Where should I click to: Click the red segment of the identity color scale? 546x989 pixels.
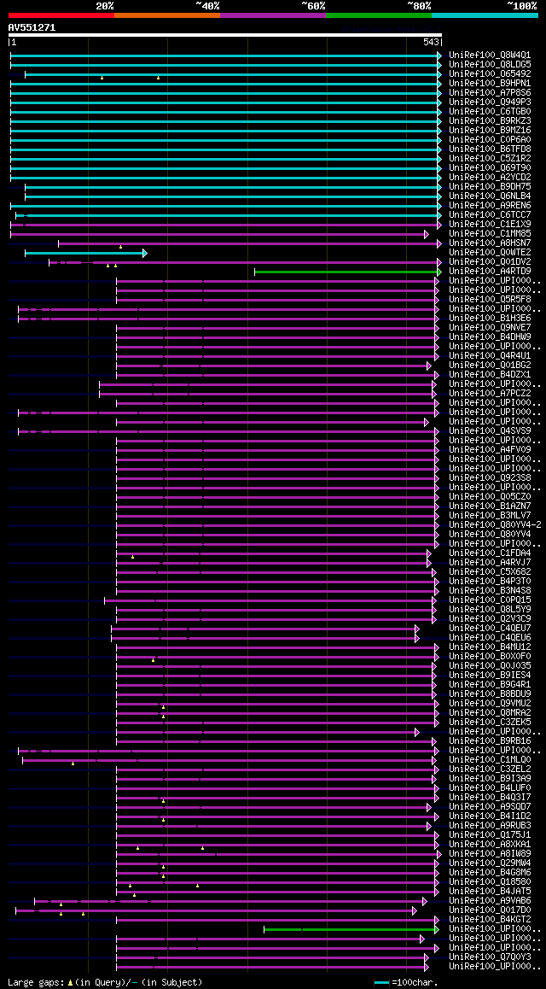[x=61, y=15]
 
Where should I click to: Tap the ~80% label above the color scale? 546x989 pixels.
[x=419, y=6]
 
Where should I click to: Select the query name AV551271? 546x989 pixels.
[x=32, y=27]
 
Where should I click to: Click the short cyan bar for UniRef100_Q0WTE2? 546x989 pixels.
[x=85, y=253]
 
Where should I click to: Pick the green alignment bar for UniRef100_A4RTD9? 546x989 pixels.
[x=346, y=272]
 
